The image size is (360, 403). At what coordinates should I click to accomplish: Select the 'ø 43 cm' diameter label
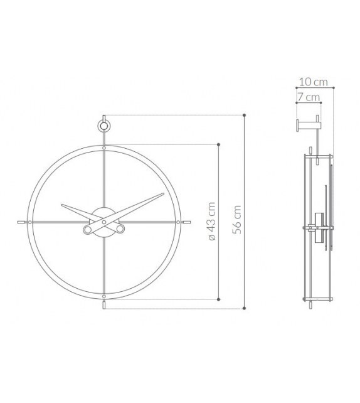[211, 222]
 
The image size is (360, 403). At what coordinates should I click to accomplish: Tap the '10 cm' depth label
[313, 82]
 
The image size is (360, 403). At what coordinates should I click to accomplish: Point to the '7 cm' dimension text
[309, 97]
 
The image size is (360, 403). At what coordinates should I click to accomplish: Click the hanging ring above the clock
[103, 126]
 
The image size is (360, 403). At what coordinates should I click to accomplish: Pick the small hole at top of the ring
[103, 148]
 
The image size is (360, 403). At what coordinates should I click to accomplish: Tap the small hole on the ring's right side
[177, 222]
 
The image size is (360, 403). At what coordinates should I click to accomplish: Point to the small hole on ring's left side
[29, 222]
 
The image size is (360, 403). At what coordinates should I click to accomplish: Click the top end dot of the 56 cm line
[244, 116]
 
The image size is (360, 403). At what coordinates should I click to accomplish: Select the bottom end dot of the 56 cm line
[244, 308]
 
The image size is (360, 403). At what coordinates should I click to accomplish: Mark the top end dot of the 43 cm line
[218, 144]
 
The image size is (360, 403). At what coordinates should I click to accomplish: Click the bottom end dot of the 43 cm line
[218, 299]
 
